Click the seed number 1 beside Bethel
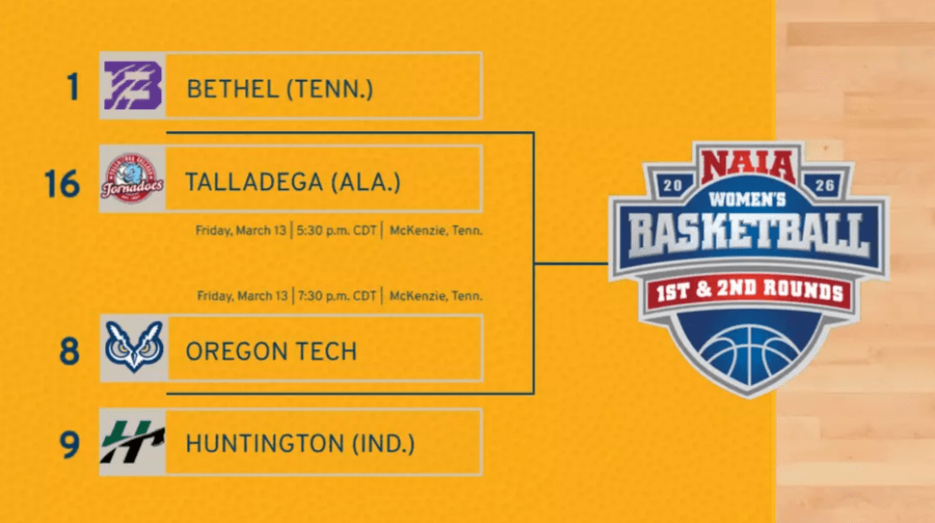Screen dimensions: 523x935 coord(71,88)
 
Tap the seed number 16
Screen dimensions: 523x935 coord(62,181)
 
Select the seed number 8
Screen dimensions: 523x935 coord(69,350)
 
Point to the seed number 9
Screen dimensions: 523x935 coord(69,444)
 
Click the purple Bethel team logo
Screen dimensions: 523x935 coord(133,86)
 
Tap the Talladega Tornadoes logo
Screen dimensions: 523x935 coord(132,179)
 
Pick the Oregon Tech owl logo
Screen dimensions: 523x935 coord(133,348)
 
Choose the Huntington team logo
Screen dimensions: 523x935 coord(133,442)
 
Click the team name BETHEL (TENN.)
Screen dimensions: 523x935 coord(280,90)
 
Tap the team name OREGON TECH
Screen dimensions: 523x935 coord(271,351)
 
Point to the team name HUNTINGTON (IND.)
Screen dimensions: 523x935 coord(300,445)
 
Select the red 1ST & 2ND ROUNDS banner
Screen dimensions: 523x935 coord(748,291)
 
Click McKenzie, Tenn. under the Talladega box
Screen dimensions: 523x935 coord(435,231)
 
